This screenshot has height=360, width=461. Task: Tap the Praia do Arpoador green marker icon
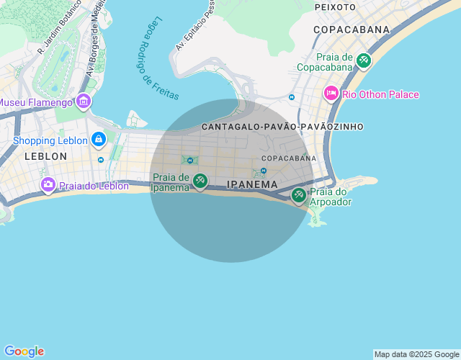tap(299, 194)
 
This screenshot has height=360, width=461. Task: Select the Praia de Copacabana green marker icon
tap(363, 61)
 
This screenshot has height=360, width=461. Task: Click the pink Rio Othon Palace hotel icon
tap(331, 94)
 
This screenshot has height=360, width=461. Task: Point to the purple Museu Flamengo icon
tap(83, 102)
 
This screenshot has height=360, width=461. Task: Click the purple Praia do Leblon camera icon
tap(48, 185)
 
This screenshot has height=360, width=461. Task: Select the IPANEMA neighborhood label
tap(252, 184)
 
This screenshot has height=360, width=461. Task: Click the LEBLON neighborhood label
tap(46, 156)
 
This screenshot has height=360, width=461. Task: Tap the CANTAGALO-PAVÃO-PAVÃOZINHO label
tap(282, 127)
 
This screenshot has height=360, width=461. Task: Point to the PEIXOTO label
tap(336, 6)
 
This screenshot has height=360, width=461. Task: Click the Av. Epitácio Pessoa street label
tap(194, 26)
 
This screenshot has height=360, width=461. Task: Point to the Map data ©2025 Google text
tap(416, 354)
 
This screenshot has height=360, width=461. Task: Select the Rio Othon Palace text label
tap(380, 94)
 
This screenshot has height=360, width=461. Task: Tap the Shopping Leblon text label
tap(50, 140)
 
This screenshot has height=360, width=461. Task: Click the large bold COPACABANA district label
tap(351, 30)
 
